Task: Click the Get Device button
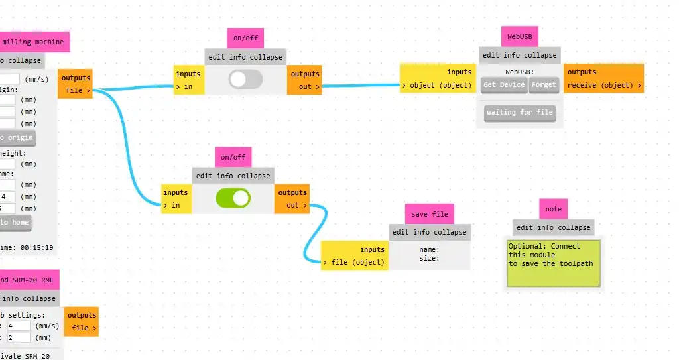pyautogui.click(x=504, y=84)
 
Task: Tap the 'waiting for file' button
pyautogui.click(x=519, y=113)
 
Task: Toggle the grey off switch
pyautogui.click(x=245, y=80)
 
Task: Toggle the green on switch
pyautogui.click(x=233, y=198)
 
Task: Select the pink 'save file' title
pyautogui.click(x=429, y=213)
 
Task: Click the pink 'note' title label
pyautogui.click(x=553, y=209)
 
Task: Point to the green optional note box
pyautogui.click(x=553, y=263)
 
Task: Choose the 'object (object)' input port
pyautogui.click(x=436, y=85)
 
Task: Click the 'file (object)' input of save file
pyautogui.click(x=353, y=262)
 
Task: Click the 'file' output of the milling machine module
pyautogui.click(x=77, y=90)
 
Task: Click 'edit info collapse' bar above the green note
pyautogui.click(x=553, y=227)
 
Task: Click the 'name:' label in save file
pyautogui.click(x=430, y=249)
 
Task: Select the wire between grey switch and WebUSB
pyautogui.click(x=361, y=86)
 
